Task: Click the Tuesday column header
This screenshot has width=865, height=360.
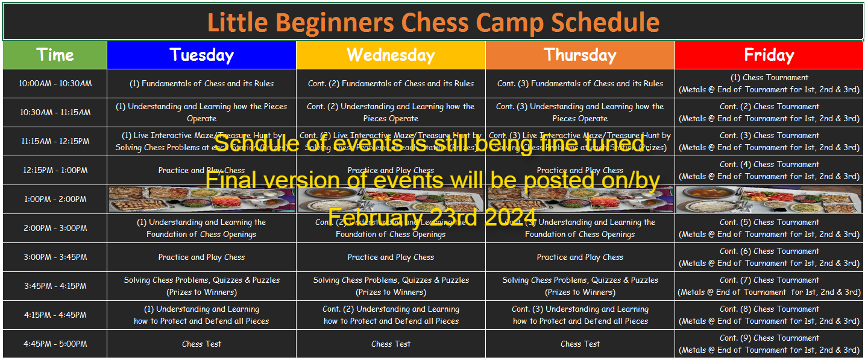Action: pyautogui.click(x=201, y=55)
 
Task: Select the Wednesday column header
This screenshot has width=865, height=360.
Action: pyautogui.click(x=391, y=55)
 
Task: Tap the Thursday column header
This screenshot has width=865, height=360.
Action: pyautogui.click(x=580, y=55)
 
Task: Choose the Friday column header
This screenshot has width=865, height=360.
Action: pyautogui.click(x=769, y=55)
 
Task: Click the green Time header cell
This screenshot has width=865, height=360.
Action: pyautogui.click(x=55, y=55)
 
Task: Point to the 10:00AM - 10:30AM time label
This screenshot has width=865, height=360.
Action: pyautogui.click(x=55, y=84)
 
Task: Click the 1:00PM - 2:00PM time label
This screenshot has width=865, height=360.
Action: pyautogui.click(x=55, y=200)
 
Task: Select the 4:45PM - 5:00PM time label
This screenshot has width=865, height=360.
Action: pyautogui.click(x=55, y=344)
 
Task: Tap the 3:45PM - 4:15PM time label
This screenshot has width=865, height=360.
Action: pyautogui.click(x=55, y=286)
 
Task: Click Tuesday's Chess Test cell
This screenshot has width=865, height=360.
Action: pyautogui.click(x=201, y=344)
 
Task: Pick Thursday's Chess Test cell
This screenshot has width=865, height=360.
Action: pyautogui.click(x=580, y=344)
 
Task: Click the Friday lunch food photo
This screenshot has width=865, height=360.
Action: pyautogui.click(x=769, y=200)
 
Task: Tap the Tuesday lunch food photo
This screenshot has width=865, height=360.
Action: pyautogui.click(x=201, y=200)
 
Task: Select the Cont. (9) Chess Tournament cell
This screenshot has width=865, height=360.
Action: pyautogui.click(x=769, y=344)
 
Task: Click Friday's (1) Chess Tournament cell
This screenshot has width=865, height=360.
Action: pyautogui.click(x=769, y=84)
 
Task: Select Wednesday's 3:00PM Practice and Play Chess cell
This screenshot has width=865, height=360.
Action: pyautogui.click(x=391, y=257)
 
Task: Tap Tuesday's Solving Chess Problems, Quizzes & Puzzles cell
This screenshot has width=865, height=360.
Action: pyautogui.click(x=201, y=286)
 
